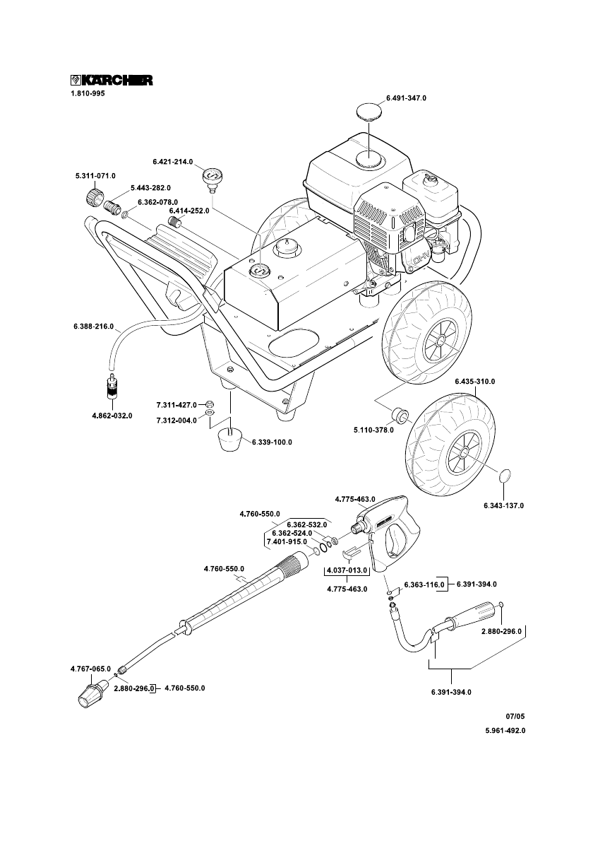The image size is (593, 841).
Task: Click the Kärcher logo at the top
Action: tap(112, 80)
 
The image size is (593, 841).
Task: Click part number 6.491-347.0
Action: tap(406, 98)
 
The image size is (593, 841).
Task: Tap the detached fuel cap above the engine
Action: tap(370, 112)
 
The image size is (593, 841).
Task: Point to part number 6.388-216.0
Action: tap(93, 326)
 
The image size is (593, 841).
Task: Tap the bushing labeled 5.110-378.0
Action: tap(399, 416)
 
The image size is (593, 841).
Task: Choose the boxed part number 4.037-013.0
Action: tap(347, 570)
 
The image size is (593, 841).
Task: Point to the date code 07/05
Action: tap(515, 715)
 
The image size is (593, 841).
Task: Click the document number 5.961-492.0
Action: tap(505, 731)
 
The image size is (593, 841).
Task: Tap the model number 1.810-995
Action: tap(88, 93)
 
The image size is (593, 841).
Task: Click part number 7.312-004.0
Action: tap(176, 420)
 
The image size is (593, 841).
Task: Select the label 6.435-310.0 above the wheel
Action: tap(475, 382)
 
